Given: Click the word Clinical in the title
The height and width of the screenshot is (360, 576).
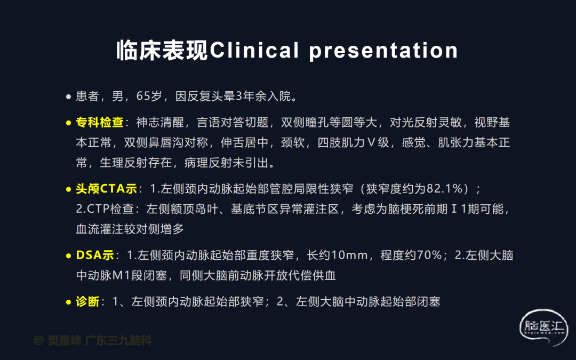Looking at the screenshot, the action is coord(254,50).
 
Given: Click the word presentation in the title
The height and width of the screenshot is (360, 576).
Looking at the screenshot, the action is coord(383,51).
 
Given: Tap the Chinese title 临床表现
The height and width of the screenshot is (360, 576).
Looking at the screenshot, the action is coord(162,50).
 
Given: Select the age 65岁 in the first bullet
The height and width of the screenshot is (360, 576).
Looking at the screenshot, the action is coord(149,96).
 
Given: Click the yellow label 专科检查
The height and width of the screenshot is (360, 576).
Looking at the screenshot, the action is coord(100,122).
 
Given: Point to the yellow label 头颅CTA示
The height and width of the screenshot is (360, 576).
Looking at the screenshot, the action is coord(106,189).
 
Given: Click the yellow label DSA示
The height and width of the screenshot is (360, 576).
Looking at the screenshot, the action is coord(95,255).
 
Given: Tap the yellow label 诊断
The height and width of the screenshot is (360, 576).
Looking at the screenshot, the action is coord(87,301).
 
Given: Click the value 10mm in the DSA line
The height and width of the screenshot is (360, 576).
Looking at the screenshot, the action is coord(349,255).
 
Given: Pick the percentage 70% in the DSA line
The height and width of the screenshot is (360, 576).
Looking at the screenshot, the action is coord(429,255).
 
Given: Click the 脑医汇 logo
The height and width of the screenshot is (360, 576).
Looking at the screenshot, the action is coord(543,327).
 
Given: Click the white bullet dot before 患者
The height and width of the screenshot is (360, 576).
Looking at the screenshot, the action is coord(68,97).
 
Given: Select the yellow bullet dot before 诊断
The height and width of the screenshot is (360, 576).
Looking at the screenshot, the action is coord(68,302).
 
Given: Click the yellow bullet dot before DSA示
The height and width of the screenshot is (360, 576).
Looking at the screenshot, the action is coord(68,256).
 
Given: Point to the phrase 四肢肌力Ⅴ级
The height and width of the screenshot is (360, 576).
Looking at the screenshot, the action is coord(354,142).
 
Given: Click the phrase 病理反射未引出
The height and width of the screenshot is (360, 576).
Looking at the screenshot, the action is coord(226,163).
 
